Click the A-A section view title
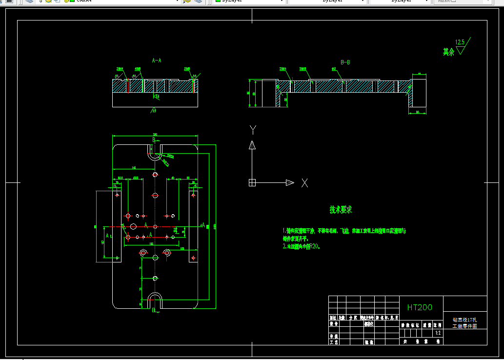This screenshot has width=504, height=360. click(157, 60)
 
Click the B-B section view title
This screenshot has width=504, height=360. click(345, 62)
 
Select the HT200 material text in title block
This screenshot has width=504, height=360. click(419, 307)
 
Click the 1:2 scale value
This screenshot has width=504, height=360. click(438, 333)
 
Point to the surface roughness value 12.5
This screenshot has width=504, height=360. click(460, 42)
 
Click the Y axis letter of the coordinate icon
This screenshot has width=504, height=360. click(253, 129)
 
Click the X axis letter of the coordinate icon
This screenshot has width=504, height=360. click(304, 183)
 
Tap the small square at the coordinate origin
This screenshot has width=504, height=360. click(252, 182)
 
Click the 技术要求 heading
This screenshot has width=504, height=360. click(341, 210)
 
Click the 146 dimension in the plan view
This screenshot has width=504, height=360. click(134, 168)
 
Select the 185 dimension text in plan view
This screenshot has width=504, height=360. click(151, 243)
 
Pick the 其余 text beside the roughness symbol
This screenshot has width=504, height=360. click(448, 52)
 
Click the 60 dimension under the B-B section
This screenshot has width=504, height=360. click(418, 113)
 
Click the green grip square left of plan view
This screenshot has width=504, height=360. click(95, 227)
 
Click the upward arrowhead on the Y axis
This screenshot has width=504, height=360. click(252, 144)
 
